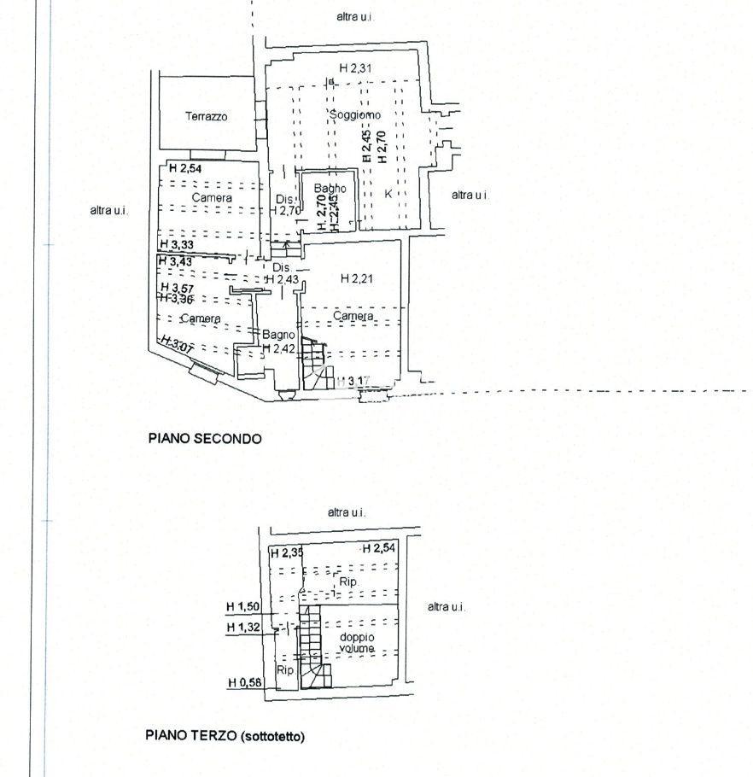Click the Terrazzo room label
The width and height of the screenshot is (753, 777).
207,117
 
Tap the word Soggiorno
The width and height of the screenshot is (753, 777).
355,114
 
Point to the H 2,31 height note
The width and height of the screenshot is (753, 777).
355,68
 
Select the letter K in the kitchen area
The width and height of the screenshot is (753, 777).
388,192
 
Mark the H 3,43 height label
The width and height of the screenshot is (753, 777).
176,261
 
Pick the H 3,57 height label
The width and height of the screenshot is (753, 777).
177,289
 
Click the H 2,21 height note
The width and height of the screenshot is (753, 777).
357,278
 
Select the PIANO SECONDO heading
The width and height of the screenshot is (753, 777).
205,439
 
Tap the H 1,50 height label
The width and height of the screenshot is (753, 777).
242,607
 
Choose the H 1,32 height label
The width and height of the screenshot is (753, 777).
242,628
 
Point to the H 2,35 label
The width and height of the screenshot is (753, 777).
286,553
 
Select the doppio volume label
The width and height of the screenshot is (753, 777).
356,643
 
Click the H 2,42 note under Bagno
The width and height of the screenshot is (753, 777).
278,348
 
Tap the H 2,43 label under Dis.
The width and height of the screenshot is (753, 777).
281,279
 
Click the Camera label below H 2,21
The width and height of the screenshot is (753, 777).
353,316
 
